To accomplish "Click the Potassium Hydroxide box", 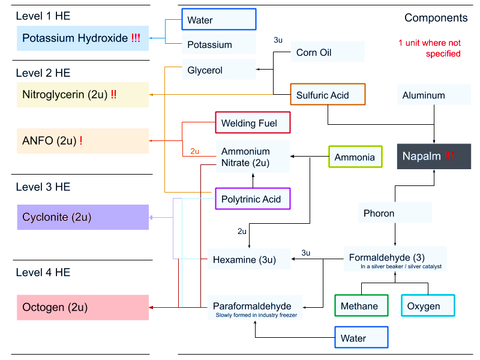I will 83,38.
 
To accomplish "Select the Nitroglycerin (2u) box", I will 83,95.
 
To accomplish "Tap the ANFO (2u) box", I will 83,141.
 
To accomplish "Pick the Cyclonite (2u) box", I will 83,217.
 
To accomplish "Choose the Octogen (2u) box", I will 83,307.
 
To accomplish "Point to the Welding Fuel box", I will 253,123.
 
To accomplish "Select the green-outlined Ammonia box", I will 355,157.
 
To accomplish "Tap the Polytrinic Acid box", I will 253,199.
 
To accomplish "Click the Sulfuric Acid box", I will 328,95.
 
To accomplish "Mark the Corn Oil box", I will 328,52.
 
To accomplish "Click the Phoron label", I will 395,213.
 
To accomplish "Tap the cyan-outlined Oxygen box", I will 428,306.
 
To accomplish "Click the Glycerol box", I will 219,70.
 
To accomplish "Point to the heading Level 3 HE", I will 43,187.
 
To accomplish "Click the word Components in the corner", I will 436,18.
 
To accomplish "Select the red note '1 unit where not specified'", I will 430,49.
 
